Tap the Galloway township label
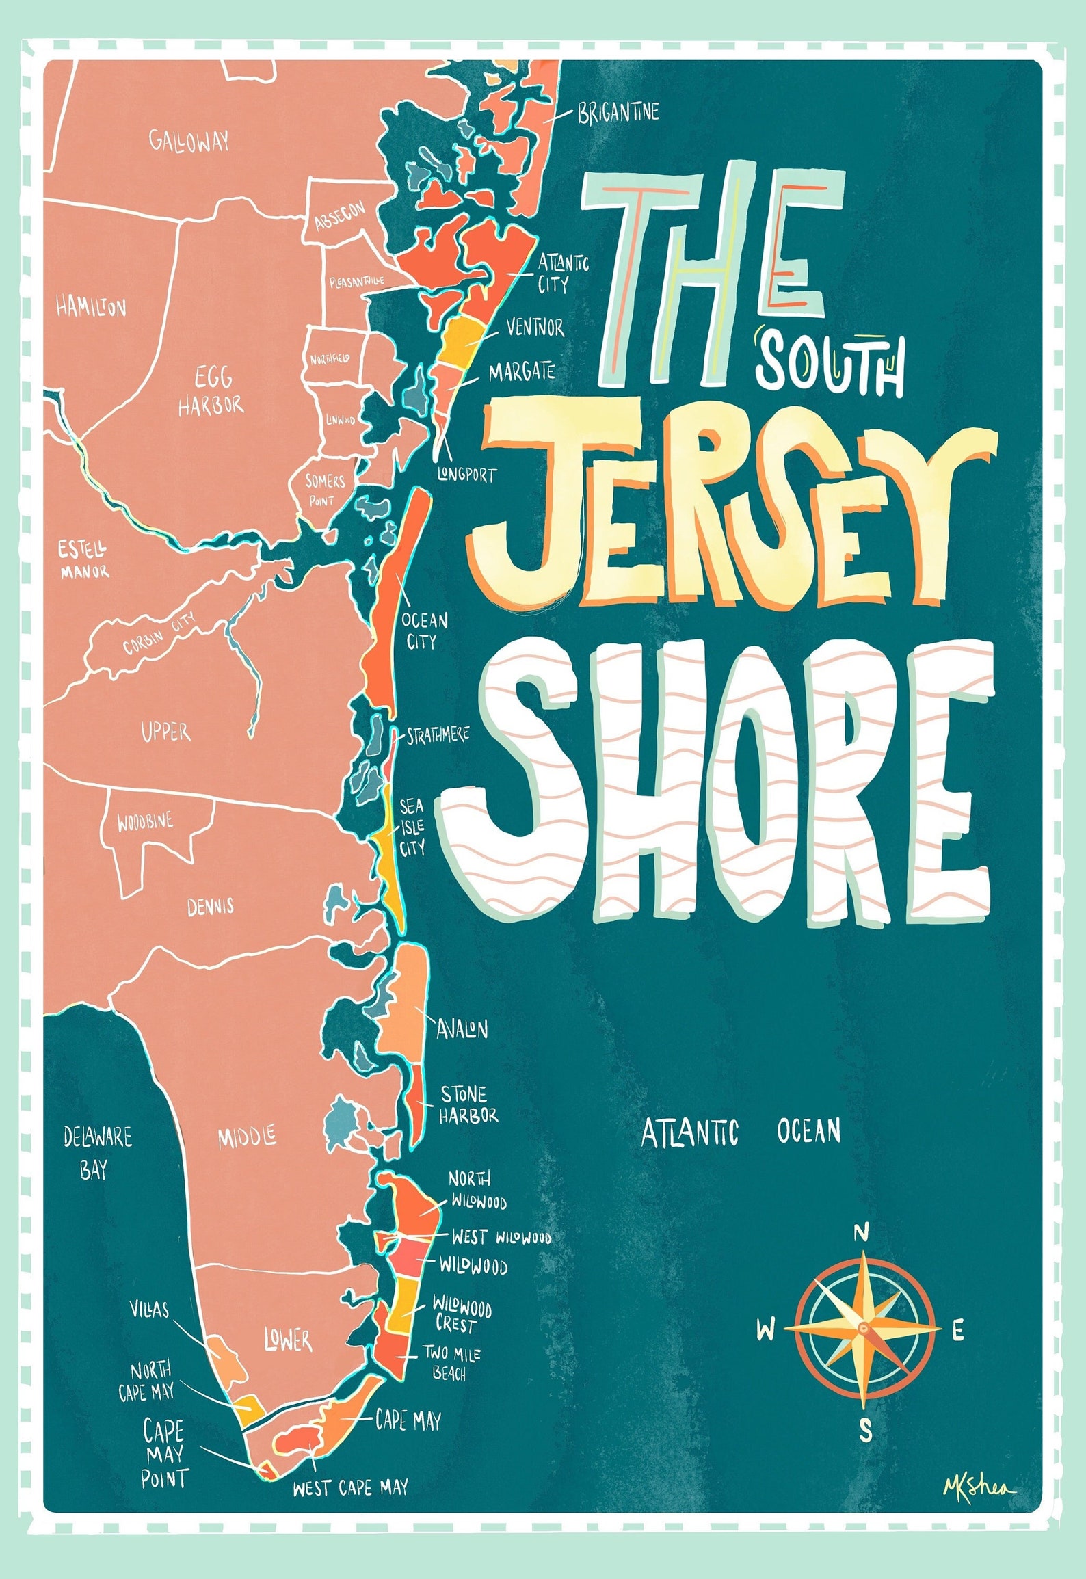click(189, 142)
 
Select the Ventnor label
click(535, 328)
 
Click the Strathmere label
click(438, 736)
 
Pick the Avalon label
click(462, 1029)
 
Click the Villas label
click(150, 1309)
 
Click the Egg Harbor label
click(211, 391)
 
